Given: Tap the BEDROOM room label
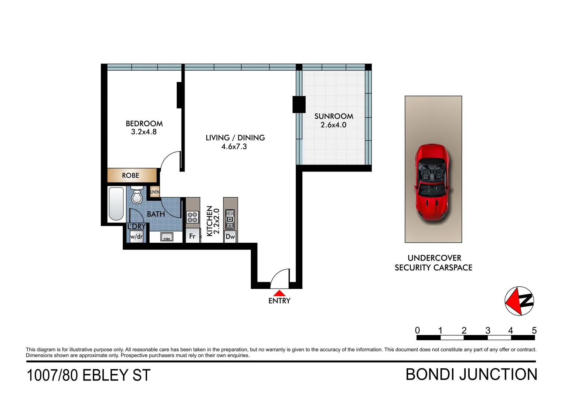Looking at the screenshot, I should coord(144,124).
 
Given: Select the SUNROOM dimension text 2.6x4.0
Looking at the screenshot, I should coord(333,125).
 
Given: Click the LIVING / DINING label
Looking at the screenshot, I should coord(235,138).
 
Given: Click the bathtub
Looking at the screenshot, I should coord(116,204).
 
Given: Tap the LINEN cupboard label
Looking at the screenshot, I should coord(155,192).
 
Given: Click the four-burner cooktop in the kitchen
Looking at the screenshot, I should coord(192,217).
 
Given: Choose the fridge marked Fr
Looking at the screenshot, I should coord(192,236).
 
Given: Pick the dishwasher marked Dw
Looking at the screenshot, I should coord(230,236).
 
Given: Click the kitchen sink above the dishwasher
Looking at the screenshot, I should coord(230,219).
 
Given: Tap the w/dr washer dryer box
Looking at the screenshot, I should coord(136,236).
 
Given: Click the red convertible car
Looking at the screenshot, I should coord(433,183).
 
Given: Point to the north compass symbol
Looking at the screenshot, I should coord(519,301).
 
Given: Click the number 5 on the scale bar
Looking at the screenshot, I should coord(534,330).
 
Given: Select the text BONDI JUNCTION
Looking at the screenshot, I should coord(471,375).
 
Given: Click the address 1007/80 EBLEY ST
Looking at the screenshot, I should coord(89,375).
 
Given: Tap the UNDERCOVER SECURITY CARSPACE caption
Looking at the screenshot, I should coord(434,263).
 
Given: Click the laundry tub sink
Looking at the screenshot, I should coord(167,237).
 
